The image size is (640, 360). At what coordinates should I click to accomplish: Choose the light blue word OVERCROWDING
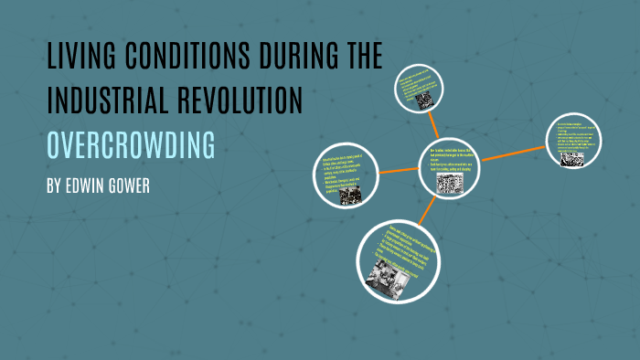tap(131, 144)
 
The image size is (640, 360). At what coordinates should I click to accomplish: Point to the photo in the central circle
tap(449, 184)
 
